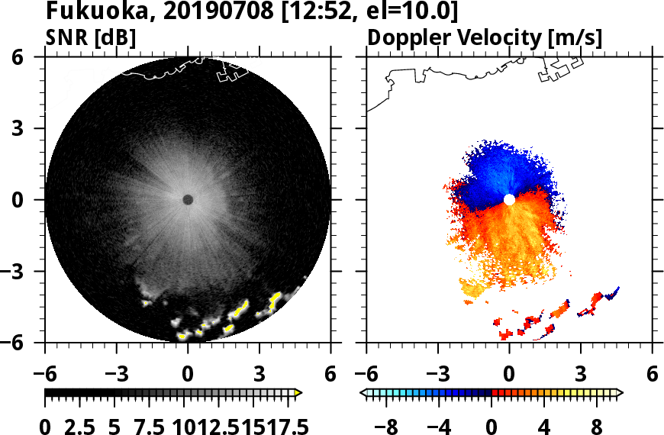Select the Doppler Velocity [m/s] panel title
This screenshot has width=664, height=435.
(485, 37)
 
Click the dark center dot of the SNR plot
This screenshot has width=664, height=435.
(188, 200)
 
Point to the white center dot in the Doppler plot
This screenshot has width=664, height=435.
(509, 200)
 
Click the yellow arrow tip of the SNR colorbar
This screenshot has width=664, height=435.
(298, 393)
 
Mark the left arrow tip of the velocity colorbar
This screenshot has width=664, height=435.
(363, 393)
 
